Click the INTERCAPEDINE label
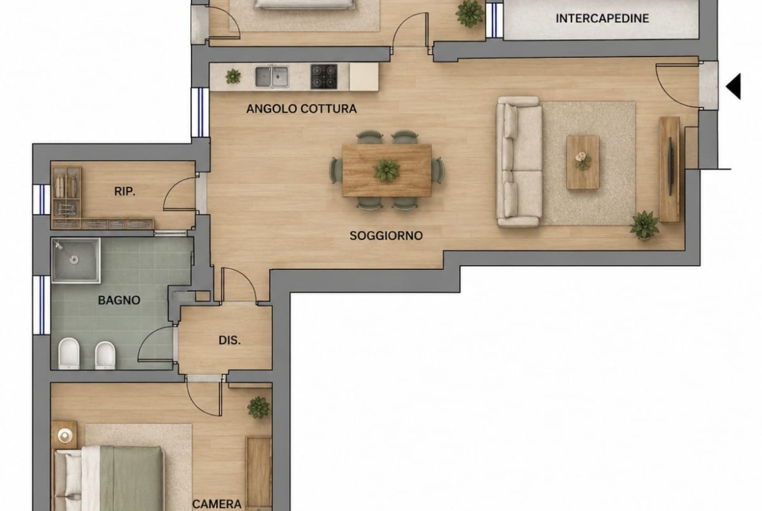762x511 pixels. (602, 18)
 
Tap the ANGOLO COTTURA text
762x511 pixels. (302, 109)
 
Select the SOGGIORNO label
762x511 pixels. (386, 236)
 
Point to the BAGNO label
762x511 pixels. (119, 300)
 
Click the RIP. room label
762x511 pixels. (125, 192)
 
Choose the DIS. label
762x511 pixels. (229, 340)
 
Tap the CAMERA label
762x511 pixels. (217, 504)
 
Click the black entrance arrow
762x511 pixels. (734, 87)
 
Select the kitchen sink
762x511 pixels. (272, 77)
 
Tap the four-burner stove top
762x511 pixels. (324, 77)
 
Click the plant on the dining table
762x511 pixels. (387, 170)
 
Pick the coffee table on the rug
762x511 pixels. (583, 162)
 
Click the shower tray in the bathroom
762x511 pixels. (76, 260)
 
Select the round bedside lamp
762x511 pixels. (64, 435)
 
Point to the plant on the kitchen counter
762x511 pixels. (233, 76)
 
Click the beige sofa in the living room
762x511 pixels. (519, 161)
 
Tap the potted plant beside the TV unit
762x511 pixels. (644, 225)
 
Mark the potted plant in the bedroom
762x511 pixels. (259, 407)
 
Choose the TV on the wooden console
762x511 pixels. (671, 167)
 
